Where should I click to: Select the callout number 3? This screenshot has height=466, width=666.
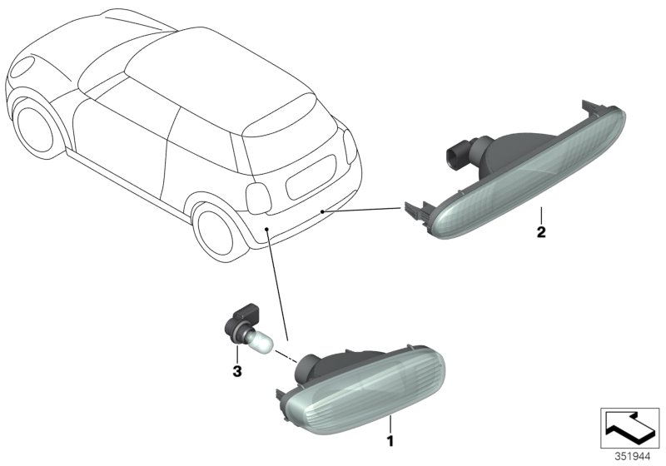click(236, 371)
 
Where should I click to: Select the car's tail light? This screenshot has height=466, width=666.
click(259, 196)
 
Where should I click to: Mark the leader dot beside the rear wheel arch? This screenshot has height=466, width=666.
click(266, 227)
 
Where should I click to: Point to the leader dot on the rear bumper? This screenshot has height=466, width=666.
click(322, 213)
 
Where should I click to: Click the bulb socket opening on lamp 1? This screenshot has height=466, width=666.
click(308, 365)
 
